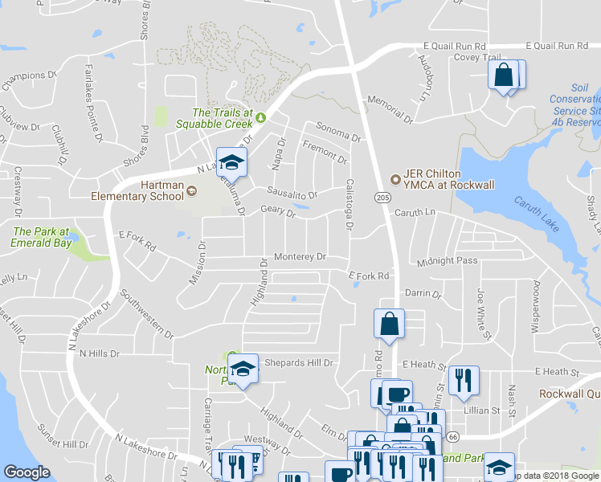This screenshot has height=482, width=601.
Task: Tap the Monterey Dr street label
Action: (299, 257)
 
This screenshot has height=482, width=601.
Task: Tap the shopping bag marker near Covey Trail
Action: (503, 76)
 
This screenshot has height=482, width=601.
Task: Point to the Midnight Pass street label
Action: (448, 261)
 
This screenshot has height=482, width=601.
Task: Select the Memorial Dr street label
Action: (389, 108)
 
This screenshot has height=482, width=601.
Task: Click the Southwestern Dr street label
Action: (145, 312)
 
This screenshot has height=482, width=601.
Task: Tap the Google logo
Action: (27, 472)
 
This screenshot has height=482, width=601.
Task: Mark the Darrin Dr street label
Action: (424, 293)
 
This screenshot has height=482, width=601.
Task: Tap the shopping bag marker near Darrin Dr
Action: (389, 325)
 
